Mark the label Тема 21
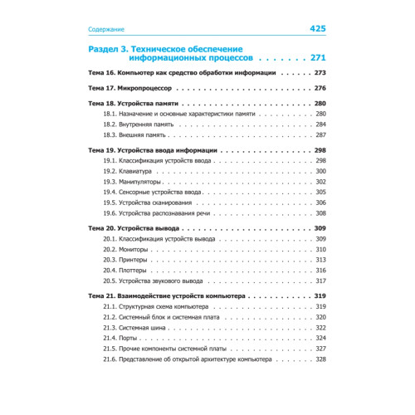[x=100, y=296]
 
